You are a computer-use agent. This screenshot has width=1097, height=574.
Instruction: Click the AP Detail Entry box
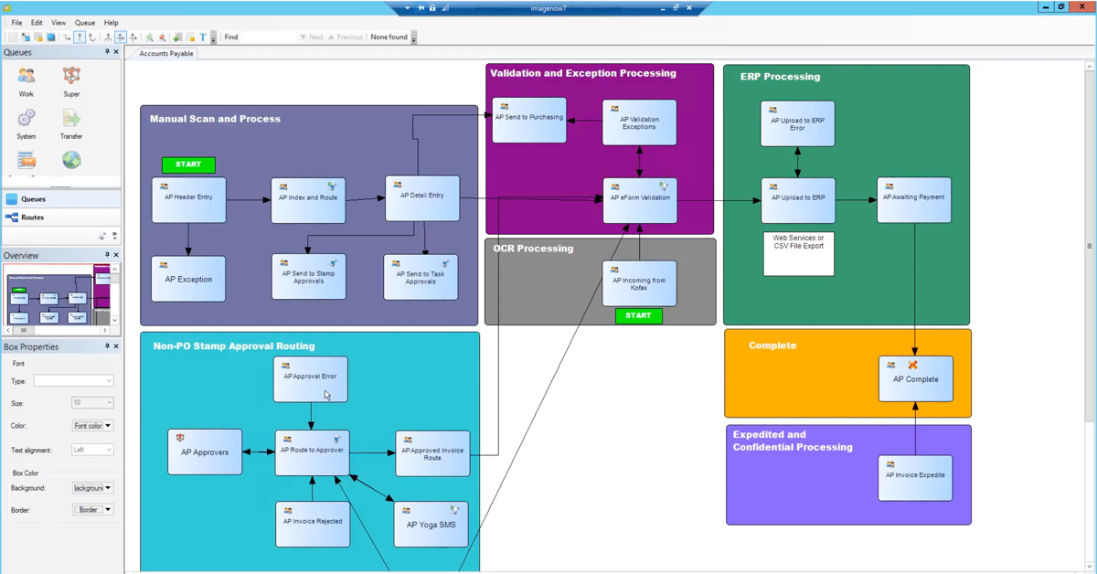pos(421,198)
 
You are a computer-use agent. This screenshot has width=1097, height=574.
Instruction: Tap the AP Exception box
pos(188,280)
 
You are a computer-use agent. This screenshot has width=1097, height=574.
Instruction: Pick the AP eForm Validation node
pos(639,200)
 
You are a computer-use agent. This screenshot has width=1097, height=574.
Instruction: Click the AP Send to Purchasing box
pos(528,120)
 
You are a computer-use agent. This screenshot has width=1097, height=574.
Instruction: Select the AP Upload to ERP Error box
pos(797,124)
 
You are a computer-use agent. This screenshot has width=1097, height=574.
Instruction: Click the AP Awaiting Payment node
pos(914,199)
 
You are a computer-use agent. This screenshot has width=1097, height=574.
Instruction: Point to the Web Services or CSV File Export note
pos(798,253)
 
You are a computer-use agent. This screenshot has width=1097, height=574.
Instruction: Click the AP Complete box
pos(915,379)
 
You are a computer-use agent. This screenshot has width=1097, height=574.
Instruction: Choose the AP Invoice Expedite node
pos(915,477)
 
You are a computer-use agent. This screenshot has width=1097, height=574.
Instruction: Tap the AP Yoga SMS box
pos(431,525)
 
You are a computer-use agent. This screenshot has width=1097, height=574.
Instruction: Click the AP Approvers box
pos(205,452)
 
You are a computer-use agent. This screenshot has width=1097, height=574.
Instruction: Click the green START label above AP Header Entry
pos(188,165)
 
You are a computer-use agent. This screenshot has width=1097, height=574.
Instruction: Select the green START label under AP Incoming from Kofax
pos(638,315)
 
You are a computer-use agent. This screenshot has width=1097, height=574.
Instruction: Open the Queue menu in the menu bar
pos(85,23)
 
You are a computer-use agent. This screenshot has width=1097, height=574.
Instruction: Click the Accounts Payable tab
pos(165,54)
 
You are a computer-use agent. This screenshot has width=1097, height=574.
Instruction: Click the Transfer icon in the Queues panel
pos(71,122)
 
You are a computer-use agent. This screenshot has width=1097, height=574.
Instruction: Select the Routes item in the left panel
pos(33,218)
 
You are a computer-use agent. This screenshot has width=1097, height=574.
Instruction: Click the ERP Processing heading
pos(780,77)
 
